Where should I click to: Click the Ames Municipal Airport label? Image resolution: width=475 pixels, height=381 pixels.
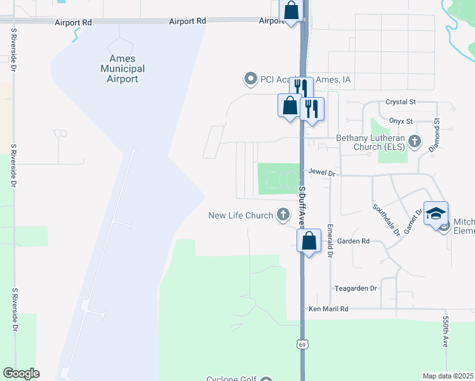coord(123,69)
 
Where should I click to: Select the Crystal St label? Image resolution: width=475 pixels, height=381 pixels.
coord(400,102)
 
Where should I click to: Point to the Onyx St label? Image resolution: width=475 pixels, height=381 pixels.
coord(400,121)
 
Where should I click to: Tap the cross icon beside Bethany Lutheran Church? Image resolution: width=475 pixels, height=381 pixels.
coord(415,141)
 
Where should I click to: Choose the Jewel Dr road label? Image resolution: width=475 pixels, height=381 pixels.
coord(322,172)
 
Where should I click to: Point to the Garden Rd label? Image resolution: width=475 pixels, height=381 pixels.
coord(353,241)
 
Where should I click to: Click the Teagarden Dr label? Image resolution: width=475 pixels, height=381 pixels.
coord(356,288)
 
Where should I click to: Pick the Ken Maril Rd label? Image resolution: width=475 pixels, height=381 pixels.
coord(328,309)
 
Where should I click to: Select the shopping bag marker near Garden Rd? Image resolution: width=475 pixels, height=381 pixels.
coord(309,241)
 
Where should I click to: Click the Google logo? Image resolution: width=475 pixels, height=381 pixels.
coord(21,373)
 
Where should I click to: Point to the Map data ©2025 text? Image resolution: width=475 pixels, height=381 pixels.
coord(448,376)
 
